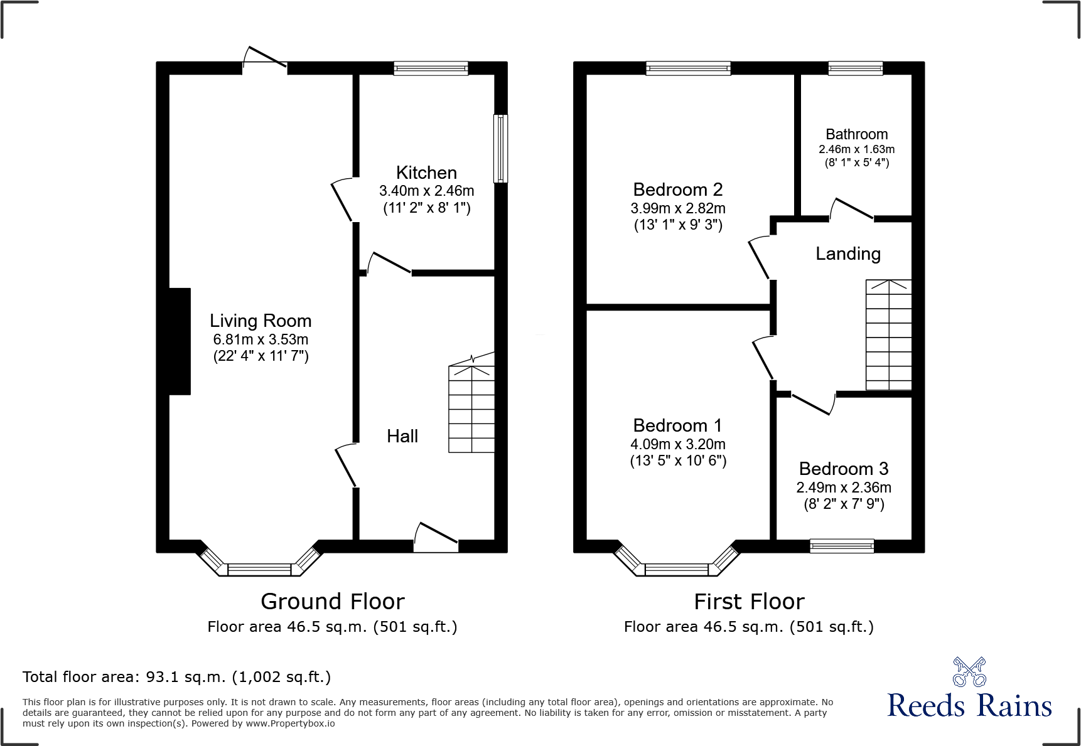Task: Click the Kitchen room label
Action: [x=426, y=173]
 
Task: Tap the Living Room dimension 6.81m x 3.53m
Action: [x=261, y=339]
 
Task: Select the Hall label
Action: [x=402, y=436]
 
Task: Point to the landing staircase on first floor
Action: [x=888, y=335]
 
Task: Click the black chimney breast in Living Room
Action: [x=180, y=341]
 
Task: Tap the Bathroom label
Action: [x=856, y=134]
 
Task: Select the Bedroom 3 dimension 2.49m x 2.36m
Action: [x=844, y=488]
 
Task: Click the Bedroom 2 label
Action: [x=678, y=189]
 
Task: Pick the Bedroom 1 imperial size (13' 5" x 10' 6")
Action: [x=678, y=461]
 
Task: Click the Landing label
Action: [x=848, y=253]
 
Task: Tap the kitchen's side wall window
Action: [x=500, y=149]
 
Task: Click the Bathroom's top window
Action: [x=855, y=68]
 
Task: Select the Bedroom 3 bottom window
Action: [x=842, y=546]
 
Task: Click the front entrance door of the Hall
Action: [x=436, y=540]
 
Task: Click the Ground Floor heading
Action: [x=332, y=602]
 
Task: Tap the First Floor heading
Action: [x=749, y=602]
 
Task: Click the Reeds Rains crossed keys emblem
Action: [x=969, y=672]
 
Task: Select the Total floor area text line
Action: [x=176, y=677]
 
